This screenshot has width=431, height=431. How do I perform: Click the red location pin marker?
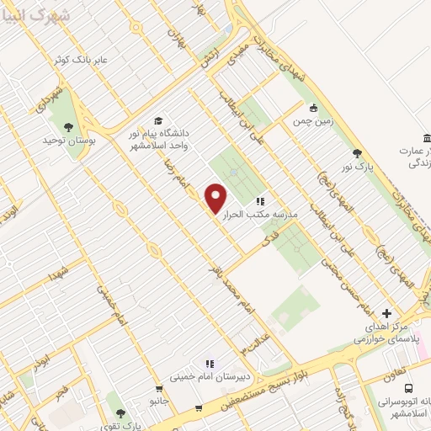tap(217, 197)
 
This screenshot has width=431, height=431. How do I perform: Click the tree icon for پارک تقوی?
tap(120, 413)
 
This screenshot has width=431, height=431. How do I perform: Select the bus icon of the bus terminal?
tap(408, 388)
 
